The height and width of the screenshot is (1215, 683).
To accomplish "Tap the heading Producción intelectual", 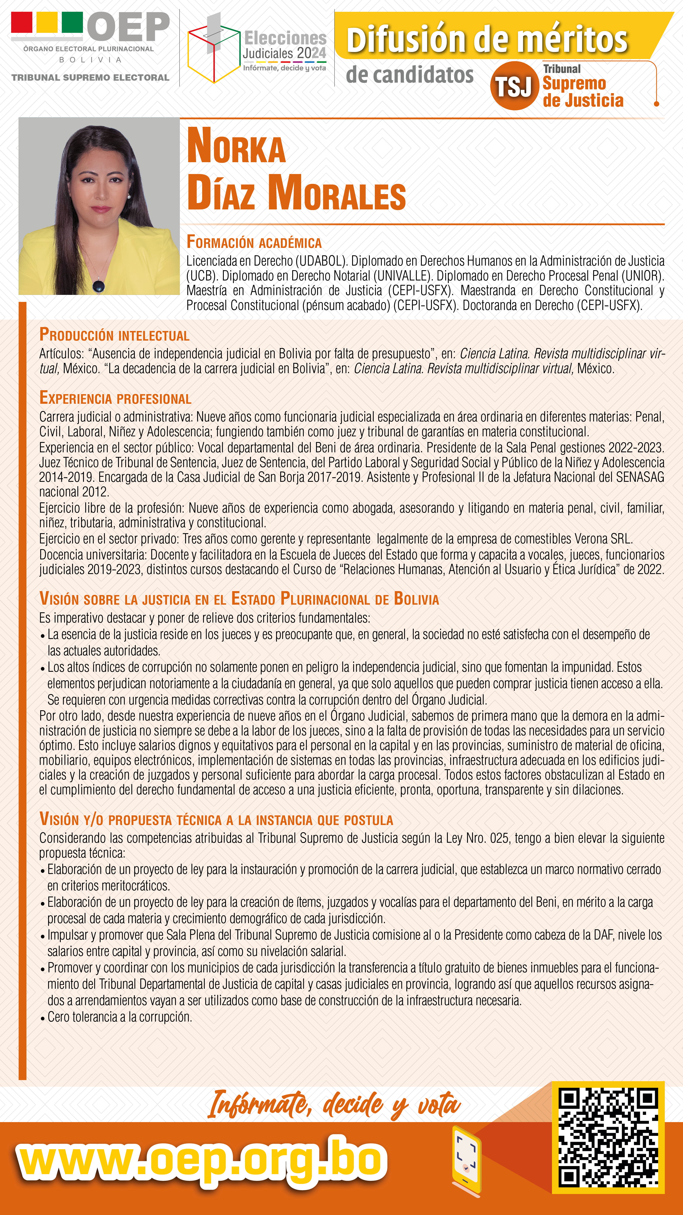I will (114, 335).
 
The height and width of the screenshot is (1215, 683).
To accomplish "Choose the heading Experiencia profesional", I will (115, 399).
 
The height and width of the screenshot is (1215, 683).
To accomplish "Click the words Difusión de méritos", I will (487, 40).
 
